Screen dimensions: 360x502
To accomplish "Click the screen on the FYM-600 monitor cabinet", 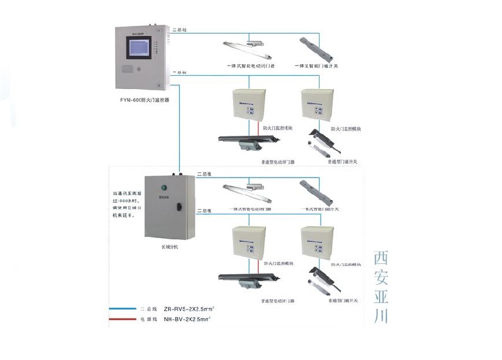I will point(138,55).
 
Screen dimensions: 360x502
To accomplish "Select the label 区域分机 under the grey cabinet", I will point(170,247).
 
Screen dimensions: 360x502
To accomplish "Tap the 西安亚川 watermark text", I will point(381,287).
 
